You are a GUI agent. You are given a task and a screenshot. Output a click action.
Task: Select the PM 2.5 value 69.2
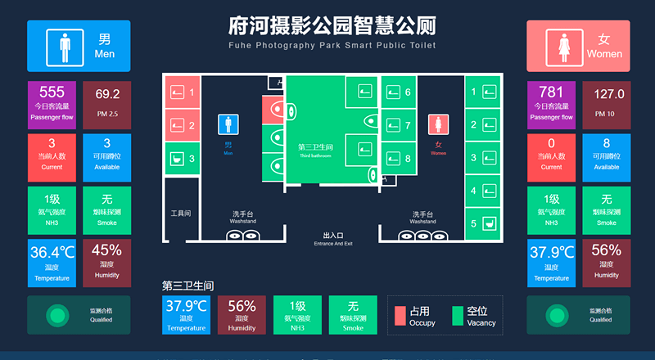(x=107, y=94)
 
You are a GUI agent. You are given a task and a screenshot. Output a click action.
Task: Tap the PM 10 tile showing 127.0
(x=606, y=94)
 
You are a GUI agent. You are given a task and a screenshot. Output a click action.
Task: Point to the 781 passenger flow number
(x=551, y=92)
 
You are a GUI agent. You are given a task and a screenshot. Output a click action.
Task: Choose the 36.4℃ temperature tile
(x=52, y=263)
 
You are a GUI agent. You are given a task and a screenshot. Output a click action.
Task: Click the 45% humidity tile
(x=107, y=263)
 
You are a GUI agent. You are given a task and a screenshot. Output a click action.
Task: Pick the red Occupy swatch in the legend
(x=400, y=316)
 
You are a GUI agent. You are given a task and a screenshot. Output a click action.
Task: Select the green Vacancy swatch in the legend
(x=458, y=316)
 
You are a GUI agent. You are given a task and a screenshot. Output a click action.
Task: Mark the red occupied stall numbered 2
(x=182, y=125)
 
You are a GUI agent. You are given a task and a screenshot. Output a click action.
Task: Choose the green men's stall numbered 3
(x=182, y=158)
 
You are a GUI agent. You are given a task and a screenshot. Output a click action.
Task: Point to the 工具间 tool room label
(x=180, y=214)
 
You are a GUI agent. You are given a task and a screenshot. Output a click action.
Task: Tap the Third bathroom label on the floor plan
(x=315, y=150)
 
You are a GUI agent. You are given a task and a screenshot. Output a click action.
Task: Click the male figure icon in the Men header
(x=63, y=46)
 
